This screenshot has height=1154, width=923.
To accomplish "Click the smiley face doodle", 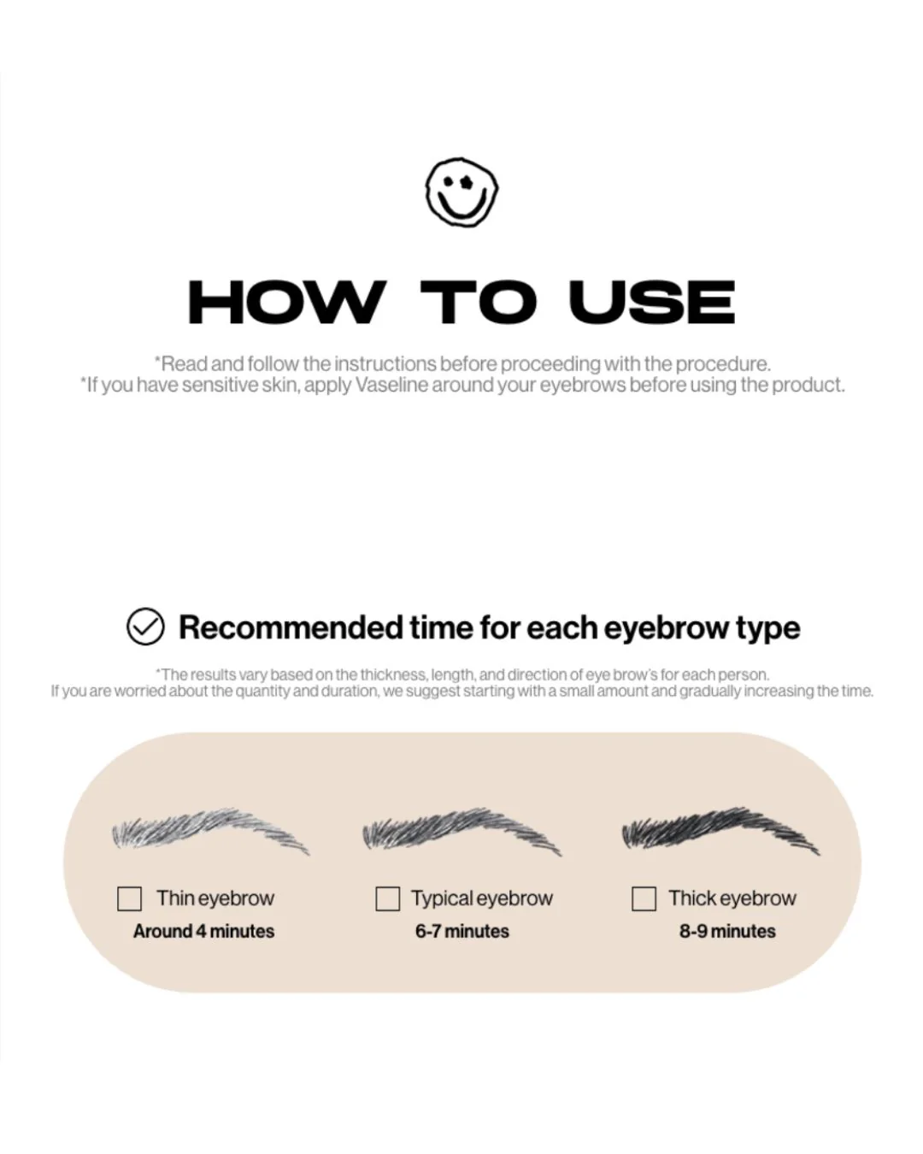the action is coord(461,191).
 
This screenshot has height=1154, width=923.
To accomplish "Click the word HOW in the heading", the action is coord(287,302).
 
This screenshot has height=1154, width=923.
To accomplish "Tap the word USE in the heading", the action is coord(651,302).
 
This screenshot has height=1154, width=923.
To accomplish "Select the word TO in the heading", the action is coord(478,302).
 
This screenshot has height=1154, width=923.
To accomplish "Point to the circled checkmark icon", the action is coord(145,627).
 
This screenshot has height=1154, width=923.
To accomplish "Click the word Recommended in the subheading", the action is coord(291,627).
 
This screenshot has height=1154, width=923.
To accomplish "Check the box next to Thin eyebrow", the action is coord(129,898).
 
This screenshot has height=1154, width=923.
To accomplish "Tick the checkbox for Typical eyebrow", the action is coord(387,898).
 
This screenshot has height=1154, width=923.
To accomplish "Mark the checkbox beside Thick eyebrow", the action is coord(644,898).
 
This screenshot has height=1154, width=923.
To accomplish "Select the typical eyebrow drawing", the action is coord(461,831).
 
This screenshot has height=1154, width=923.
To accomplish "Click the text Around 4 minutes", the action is coord(203,932).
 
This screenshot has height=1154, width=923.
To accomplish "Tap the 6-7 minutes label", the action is coord(461,932).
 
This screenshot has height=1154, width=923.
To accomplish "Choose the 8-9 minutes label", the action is coord(727,932).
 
